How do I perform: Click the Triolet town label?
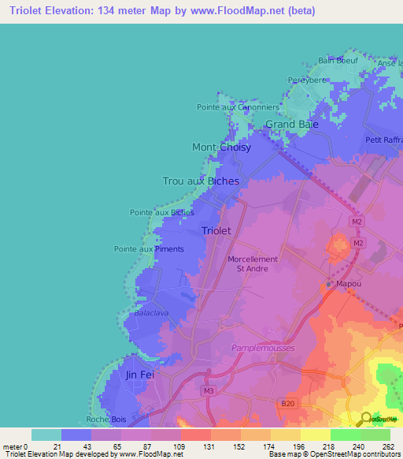click(216, 231)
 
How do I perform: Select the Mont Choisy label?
click(222, 147)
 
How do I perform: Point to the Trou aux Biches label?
click(201, 181)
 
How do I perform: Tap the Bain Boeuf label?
click(338, 60)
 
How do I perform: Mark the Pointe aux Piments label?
click(149, 249)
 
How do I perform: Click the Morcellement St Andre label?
click(253, 263)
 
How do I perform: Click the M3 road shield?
click(208, 391)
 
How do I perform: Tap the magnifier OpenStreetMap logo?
click(366, 419)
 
